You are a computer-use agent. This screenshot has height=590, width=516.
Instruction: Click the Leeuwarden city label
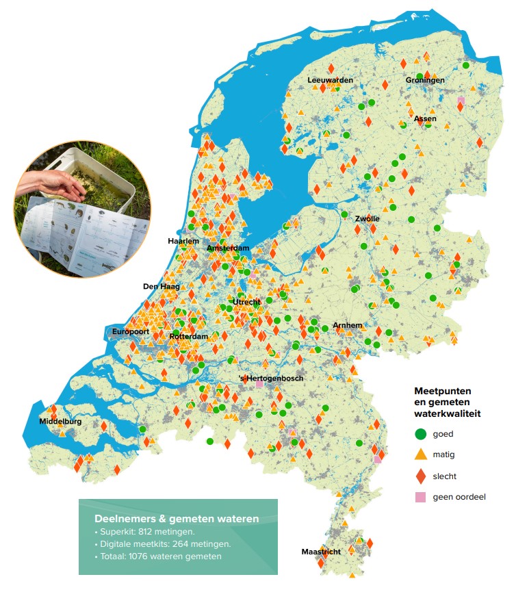[331, 81]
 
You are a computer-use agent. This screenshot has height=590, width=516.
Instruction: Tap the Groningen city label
[425, 81]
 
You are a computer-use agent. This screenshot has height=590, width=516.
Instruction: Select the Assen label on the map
[425, 119]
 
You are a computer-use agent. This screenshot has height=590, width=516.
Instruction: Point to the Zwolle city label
[367, 219]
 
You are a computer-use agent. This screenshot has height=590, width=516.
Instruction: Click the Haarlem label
[183, 242]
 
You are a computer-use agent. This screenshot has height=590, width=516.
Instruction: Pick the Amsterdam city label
[228, 248]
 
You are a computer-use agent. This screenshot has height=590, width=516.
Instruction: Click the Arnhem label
[347, 325]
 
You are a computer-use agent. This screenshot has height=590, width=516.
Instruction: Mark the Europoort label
[131, 332]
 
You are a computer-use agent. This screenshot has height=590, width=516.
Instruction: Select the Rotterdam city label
[188, 337]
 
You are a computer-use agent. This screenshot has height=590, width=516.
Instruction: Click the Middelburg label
[60, 422]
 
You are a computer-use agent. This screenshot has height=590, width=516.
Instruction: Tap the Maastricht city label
[321, 552]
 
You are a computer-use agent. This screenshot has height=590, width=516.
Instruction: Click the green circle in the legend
[421, 433]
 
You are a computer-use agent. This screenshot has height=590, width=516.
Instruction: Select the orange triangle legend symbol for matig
[421, 454]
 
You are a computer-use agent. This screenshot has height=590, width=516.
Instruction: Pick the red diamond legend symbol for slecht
[421, 476]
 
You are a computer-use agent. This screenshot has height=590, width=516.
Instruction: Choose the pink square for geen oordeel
[421, 497]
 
